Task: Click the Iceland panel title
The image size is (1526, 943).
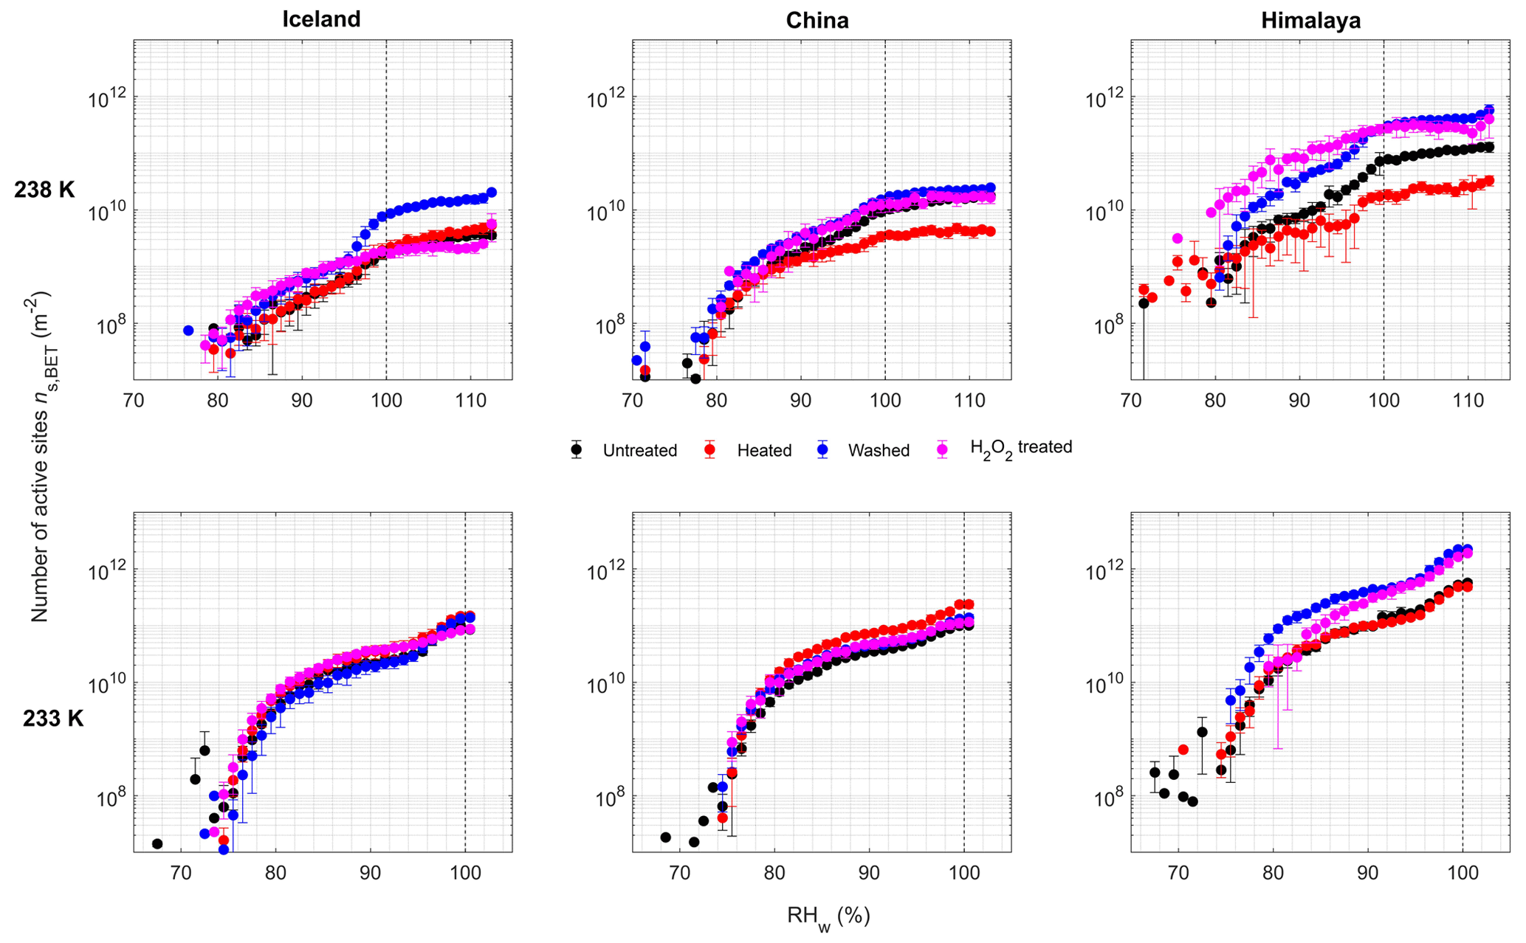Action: (x=321, y=19)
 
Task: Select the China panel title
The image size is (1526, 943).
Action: (x=817, y=21)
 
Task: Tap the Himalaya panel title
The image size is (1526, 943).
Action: (x=1310, y=21)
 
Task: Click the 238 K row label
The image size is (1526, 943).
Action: (x=44, y=190)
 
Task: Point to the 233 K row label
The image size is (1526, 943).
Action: (x=53, y=718)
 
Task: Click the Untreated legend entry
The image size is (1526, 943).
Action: (x=639, y=451)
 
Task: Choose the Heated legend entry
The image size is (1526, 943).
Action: (x=763, y=451)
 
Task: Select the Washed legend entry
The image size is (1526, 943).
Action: (x=879, y=451)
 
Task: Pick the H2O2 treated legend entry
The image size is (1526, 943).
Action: (x=1020, y=448)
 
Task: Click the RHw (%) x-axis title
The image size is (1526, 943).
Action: (x=828, y=917)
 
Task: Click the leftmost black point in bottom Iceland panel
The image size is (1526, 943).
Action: (x=157, y=843)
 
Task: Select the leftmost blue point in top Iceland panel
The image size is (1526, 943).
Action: (x=188, y=331)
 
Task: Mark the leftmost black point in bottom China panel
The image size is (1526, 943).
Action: (x=665, y=837)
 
